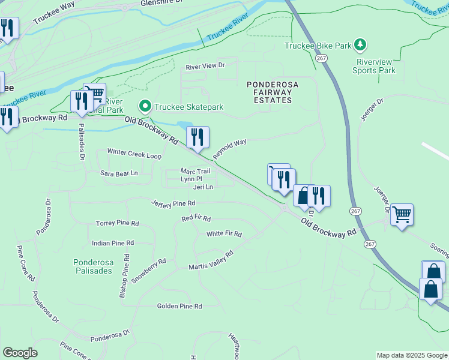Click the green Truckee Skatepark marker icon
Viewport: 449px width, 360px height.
[145, 107]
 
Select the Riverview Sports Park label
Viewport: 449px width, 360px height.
[375, 66]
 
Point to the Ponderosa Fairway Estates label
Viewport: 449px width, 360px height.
[270, 92]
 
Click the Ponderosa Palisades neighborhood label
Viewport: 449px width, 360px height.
[93, 266]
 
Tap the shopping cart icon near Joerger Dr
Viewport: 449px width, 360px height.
[402, 214]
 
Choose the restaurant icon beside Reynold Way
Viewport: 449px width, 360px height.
[197, 137]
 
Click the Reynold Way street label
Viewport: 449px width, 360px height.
[229, 149]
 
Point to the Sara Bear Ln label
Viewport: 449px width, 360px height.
[119, 173]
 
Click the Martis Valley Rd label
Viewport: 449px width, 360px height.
[211, 259]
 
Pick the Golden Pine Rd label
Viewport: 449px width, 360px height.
[179, 306]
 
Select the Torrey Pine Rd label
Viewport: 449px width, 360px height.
[117, 223]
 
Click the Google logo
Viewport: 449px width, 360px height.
[20, 353]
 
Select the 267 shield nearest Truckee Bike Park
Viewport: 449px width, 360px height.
[321, 58]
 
